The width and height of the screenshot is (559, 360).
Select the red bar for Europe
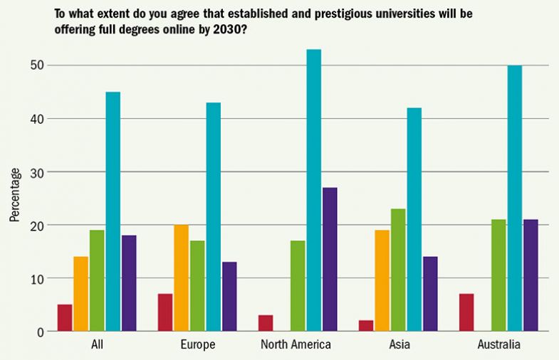tap(165, 313)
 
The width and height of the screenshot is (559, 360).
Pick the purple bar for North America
tap(330, 260)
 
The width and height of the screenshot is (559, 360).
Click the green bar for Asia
tap(398, 270)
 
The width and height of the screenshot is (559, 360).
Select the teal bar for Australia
tap(514, 198)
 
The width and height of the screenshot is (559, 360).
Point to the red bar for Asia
tap(367, 326)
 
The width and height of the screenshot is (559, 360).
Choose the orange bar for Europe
tap(182, 278)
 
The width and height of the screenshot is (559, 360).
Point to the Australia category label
tap(498, 345)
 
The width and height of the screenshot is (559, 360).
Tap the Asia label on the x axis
tap(399, 345)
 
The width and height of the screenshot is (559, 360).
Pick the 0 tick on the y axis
tap(41, 332)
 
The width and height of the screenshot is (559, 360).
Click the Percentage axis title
tap(15, 194)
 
